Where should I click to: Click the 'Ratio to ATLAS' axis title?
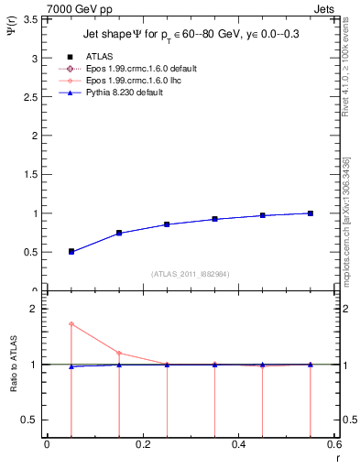(x=13, y=364)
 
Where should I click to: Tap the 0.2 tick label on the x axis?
(x=142, y=445)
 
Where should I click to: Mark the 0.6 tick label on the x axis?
(x=333, y=445)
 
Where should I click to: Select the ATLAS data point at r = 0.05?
(x=71, y=251)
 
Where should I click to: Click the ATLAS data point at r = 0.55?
(x=311, y=213)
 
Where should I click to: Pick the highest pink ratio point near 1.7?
(x=71, y=324)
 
